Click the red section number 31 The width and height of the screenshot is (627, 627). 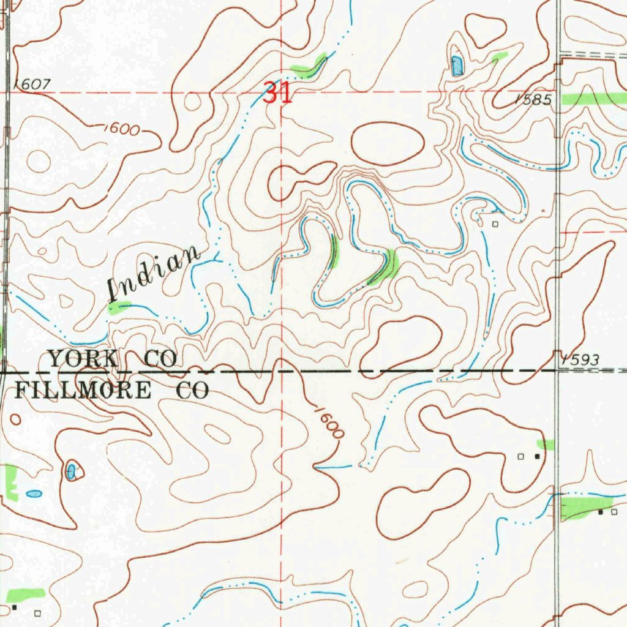click(277, 94)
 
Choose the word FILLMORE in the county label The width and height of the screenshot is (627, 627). click(82, 390)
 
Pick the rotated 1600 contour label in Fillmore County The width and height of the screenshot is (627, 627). click(329, 422)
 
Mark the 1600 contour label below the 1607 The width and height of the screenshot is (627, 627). click(122, 129)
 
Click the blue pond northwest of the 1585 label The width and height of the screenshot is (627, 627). click(457, 65)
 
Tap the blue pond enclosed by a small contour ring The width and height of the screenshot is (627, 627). click(71, 471)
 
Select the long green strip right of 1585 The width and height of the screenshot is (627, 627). click(593, 99)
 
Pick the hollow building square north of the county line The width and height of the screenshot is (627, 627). click(496, 224)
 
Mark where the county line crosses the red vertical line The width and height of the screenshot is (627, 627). click(281, 371)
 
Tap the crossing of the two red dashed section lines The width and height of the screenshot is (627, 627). click(281, 92)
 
